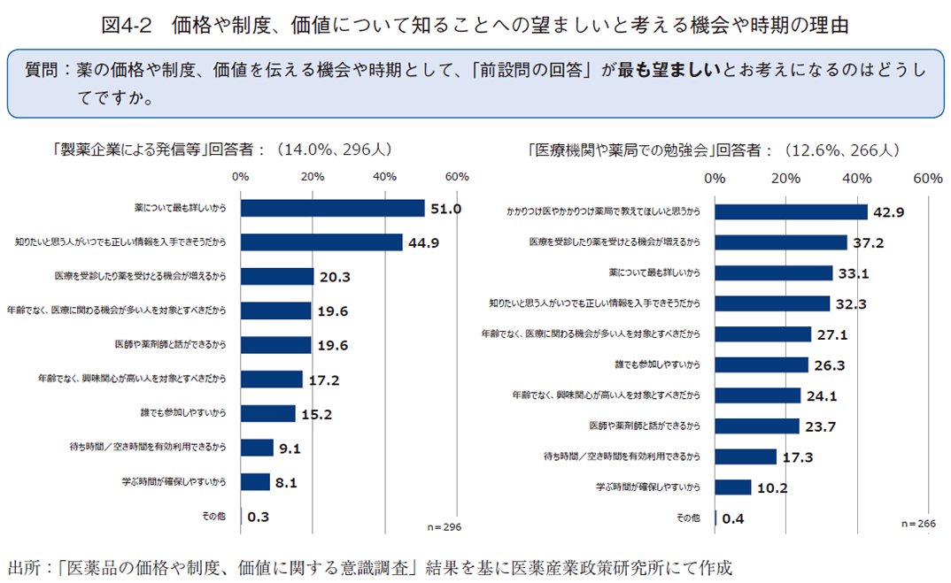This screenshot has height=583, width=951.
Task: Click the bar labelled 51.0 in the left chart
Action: click(x=332, y=208)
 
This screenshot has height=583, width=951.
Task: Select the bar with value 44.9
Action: click(x=321, y=242)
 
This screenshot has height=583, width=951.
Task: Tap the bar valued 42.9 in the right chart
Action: click(x=791, y=211)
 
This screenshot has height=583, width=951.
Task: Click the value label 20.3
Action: click(x=335, y=277)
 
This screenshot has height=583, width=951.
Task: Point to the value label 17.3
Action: click(x=799, y=457)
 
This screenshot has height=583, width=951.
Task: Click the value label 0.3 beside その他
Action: click(x=259, y=517)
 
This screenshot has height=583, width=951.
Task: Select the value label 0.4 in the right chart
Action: click(x=733, y=518)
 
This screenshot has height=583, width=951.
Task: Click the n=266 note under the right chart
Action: click(x=918, y=524)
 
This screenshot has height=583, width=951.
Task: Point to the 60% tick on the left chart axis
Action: click(x=457, y=177)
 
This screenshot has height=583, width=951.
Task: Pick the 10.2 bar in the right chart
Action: click(x=732, y=487)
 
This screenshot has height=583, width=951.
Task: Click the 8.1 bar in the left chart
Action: click(x=255, y=482)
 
